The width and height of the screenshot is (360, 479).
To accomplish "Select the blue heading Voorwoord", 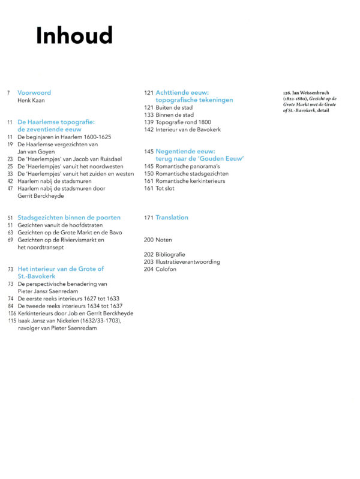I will click(34, 93).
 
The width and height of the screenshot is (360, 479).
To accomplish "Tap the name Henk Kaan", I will click(32, 101).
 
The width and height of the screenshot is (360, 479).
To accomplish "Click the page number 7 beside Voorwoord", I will click(9, 93).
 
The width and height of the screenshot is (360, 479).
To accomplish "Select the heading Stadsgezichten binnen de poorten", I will click(69, 218).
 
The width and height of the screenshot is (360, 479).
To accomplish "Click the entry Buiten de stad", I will click(174, 107).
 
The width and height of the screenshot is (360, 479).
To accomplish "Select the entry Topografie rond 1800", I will click(183, 122).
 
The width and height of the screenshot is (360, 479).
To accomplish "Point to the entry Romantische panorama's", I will click(188, 166).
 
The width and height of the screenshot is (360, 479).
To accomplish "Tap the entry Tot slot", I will click(165, 188).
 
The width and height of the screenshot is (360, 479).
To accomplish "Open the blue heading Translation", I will click(172, 218).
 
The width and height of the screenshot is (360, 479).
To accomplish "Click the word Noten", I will click(163, 240).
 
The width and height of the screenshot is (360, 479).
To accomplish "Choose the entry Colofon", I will click(166, 269).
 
